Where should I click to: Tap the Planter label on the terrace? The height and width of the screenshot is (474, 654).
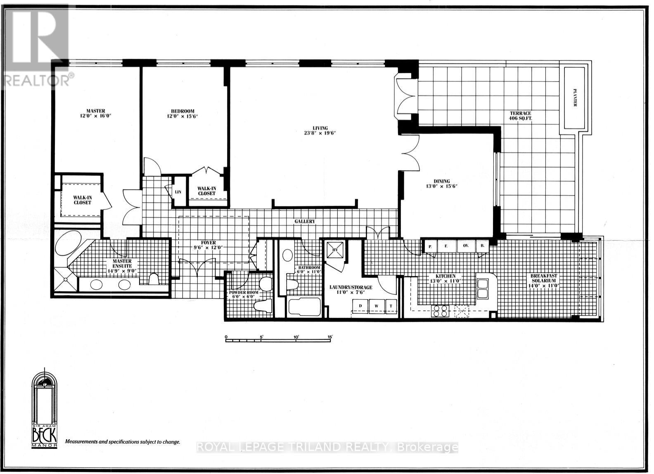point(574,98)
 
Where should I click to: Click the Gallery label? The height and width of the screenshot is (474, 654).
point(305,222)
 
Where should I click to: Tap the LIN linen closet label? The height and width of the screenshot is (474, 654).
point(178,192)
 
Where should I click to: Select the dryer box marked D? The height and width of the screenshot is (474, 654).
point(360,305)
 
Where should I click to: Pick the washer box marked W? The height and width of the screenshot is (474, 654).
point(376,305)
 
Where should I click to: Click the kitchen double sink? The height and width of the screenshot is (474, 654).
point(482,288)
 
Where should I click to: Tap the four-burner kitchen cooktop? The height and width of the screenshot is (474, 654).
point(440,310)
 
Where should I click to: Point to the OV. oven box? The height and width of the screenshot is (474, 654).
point(466,245)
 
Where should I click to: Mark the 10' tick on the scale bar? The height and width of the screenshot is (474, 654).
point(296,340)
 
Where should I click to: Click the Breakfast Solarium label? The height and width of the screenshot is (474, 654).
point(547,279)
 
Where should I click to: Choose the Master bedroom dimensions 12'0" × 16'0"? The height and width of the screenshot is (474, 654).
point(96,116)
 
